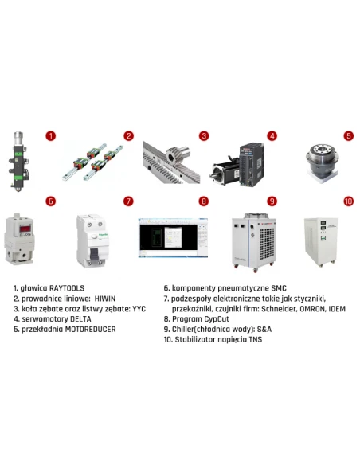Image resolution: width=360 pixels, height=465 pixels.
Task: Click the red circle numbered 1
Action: tap(50, 136)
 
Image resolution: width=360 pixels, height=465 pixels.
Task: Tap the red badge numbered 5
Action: tap(348, 136)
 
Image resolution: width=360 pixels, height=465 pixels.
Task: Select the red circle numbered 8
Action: tap(204, 201)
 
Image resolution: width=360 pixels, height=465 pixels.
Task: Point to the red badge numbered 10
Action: tap(348, 201)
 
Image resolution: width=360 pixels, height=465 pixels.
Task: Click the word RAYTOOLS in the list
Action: tap(68, 287)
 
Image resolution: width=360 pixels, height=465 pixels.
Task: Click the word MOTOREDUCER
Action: tap(92, 329)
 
